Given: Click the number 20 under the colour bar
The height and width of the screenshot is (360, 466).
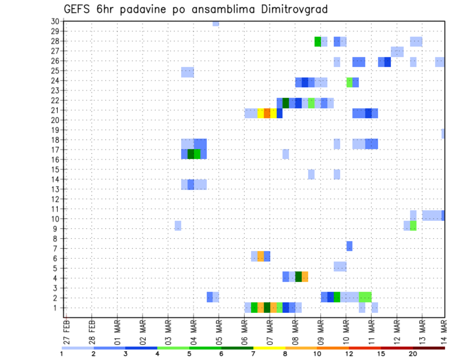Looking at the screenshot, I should pyautogui.click(x=413, y=354).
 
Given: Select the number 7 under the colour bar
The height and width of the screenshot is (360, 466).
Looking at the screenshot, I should pyautogui.click(x=253, y=354).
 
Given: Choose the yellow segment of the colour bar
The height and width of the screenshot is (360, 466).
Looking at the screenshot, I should pyautogui.click(x=269, y=348).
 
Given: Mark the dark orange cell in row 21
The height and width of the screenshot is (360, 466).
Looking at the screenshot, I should pyautogui.click(x=267, y=113).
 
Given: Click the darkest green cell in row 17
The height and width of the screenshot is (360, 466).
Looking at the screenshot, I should pyautogui.click(x=191, y=154).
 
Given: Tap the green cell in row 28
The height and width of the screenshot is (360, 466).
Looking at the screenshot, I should pyautogui.click(x=317, y=42).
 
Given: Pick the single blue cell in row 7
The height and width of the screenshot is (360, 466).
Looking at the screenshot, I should pyautogui.click(x=349, y=246).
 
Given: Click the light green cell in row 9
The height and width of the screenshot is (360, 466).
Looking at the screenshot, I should pyautogui.click(x=413, y=226).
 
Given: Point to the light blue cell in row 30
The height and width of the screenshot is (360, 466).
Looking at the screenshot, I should pyautogui.click(x=216, y=23).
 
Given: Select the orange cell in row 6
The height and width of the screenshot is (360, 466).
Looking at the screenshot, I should pyautogui.click(x=261, y=256).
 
